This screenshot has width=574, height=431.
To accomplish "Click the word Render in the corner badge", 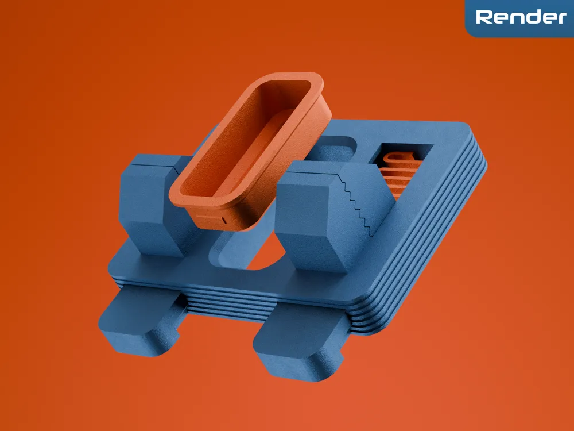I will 521,17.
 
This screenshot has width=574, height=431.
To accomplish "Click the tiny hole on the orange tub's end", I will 224,219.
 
